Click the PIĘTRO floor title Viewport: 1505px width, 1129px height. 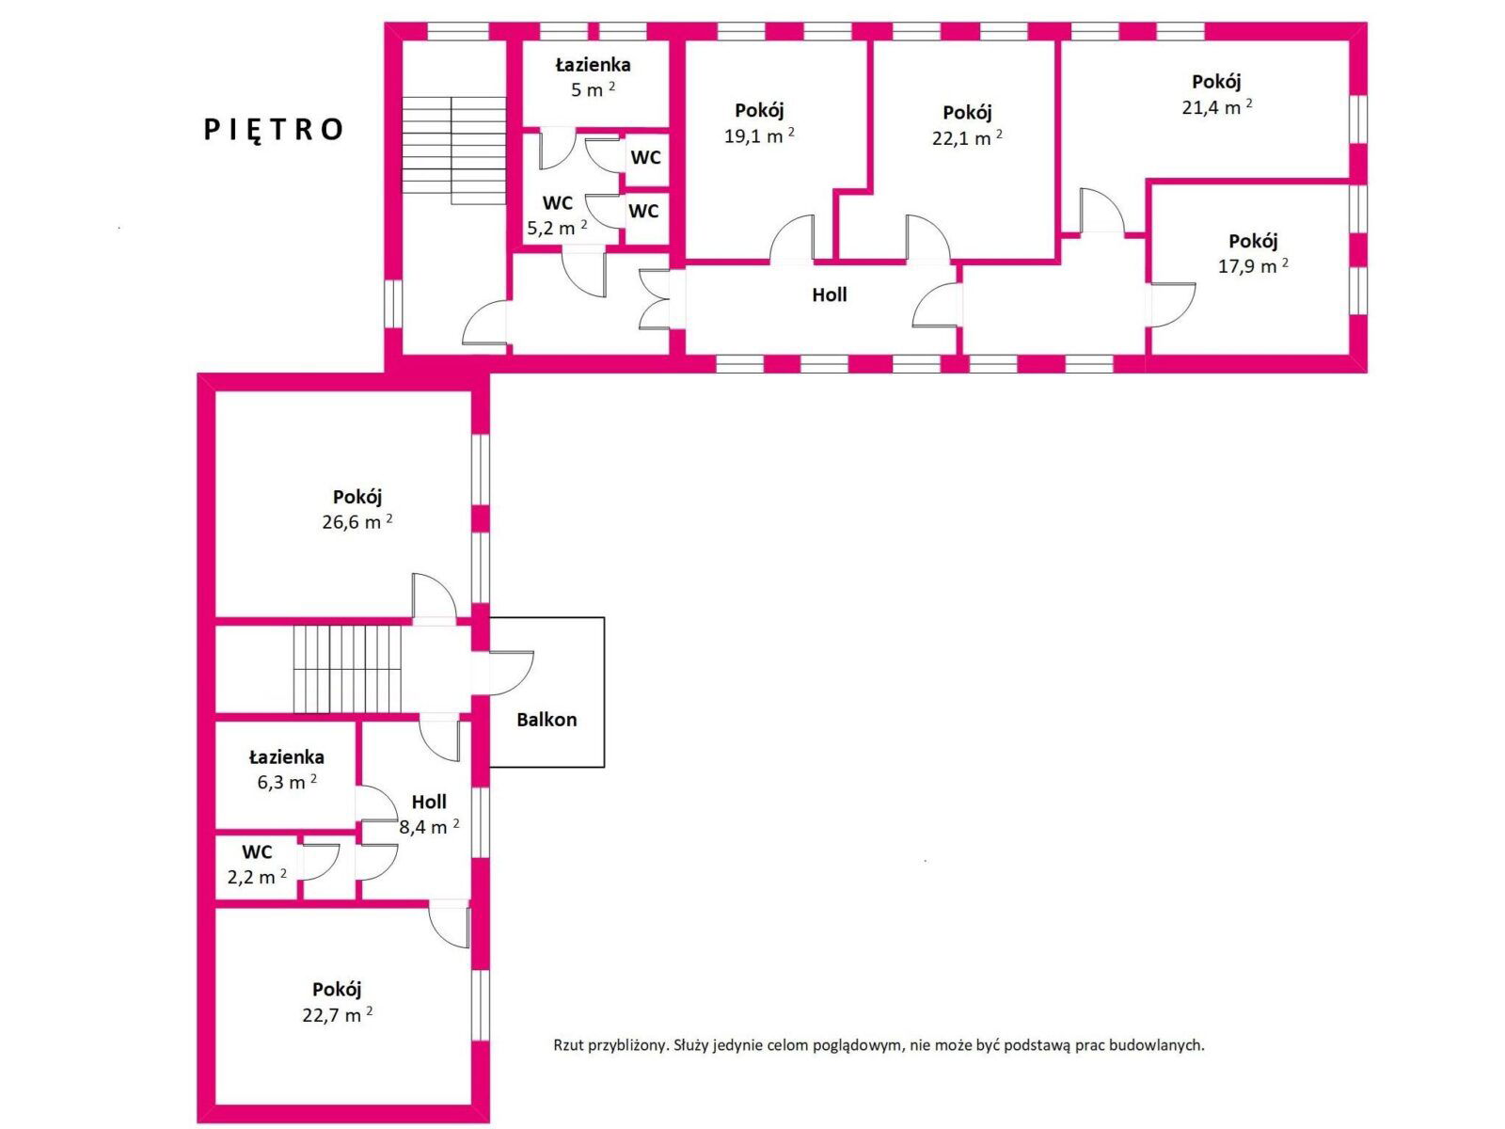273,130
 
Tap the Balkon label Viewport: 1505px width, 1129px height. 547,720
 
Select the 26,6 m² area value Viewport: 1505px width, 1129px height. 357,521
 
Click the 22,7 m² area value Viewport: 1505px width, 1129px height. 338,1014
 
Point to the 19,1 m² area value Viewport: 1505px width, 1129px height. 759,135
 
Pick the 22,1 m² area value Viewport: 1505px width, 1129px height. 967,137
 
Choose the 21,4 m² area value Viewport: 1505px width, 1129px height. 1217,107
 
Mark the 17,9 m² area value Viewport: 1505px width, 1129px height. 1253,266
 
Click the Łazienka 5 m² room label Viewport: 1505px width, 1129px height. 594,77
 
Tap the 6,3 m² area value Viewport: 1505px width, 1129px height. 287,782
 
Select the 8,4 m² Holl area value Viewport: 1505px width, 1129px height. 429,827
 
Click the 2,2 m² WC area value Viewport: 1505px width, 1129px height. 257,877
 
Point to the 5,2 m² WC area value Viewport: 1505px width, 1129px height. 557,228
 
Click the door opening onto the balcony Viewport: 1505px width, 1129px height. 511,673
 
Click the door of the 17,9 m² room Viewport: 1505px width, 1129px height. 1173,306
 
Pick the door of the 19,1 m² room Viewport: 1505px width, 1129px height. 792,239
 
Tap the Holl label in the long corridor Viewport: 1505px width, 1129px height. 830,294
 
